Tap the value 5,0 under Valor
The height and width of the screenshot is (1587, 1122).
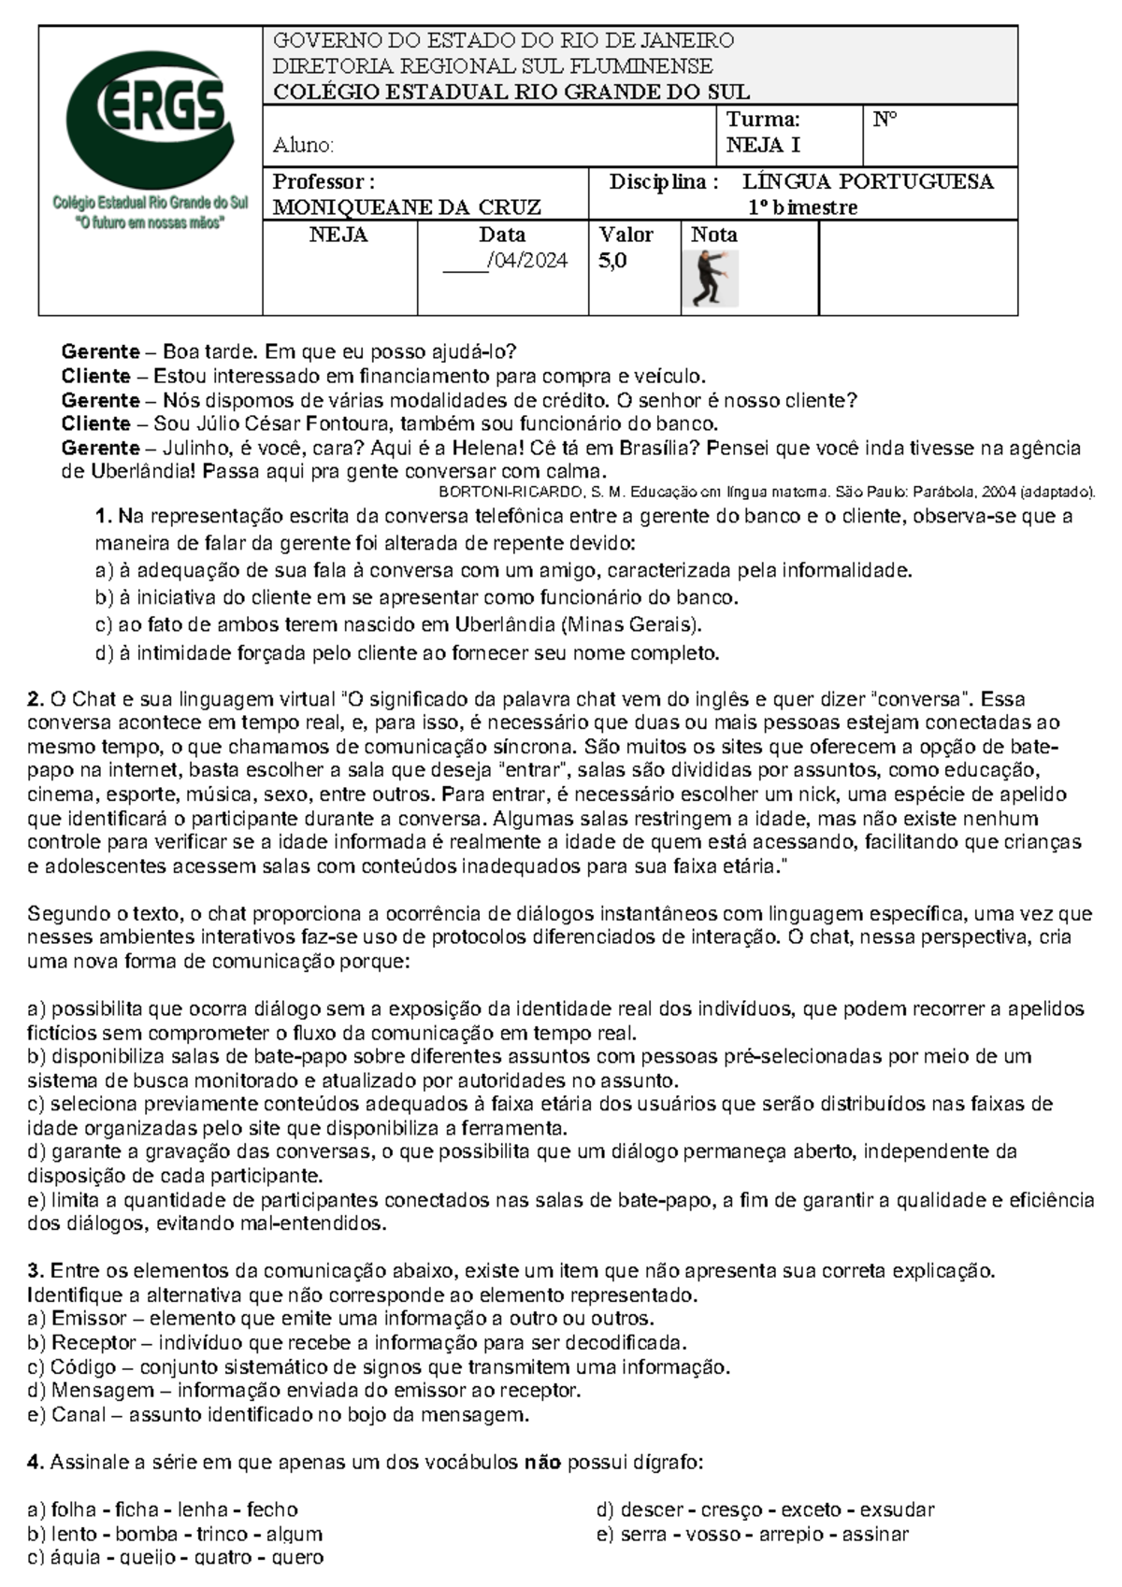point(612,262)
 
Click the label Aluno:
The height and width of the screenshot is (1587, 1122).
point(303,146)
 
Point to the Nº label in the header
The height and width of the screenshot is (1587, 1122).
point(885,120)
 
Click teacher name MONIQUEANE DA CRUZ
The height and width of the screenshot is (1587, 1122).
point(407,207)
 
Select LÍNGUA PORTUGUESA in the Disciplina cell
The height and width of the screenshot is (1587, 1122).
point(868,181)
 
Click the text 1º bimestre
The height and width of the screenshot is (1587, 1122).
point(801,207)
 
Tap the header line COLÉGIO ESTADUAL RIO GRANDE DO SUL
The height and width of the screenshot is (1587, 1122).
point(511,92)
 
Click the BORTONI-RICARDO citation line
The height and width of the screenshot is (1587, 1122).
point(766,492)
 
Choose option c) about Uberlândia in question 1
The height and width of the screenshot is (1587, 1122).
point(398,624)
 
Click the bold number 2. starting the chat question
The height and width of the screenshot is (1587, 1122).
point(36,699)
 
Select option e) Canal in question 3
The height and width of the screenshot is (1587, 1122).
point(279,1415)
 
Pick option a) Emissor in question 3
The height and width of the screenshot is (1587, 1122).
point(340,1319)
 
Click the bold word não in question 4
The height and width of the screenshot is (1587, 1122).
point(541,1463)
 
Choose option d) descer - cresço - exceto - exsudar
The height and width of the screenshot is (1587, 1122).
point(765,1509)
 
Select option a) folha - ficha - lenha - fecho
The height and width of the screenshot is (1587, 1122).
point(163,1509)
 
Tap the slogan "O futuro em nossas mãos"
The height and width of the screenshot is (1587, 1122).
point(150,223)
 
